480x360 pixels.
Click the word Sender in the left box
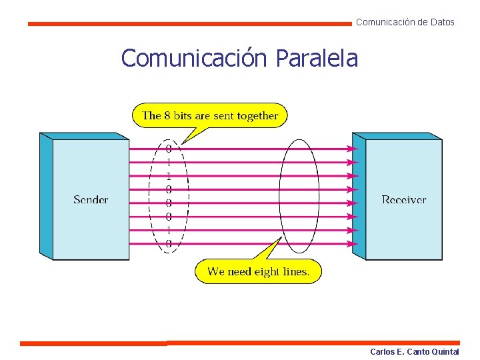coord(91,199)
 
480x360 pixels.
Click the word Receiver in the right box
coord(404,199)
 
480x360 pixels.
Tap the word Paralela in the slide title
coord(316,59)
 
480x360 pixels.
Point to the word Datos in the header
coord(443,22)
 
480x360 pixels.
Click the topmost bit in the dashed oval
coord(169,149)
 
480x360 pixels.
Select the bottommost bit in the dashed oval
coord(169,244)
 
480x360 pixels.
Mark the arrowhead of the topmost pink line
coord(355,149)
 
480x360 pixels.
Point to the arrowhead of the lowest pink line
coord(355,244)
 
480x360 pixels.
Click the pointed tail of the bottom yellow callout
coord(277,241)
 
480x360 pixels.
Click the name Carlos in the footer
coord(383,351)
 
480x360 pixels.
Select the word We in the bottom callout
coord(216,271)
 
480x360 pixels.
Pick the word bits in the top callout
coord(183,115)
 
